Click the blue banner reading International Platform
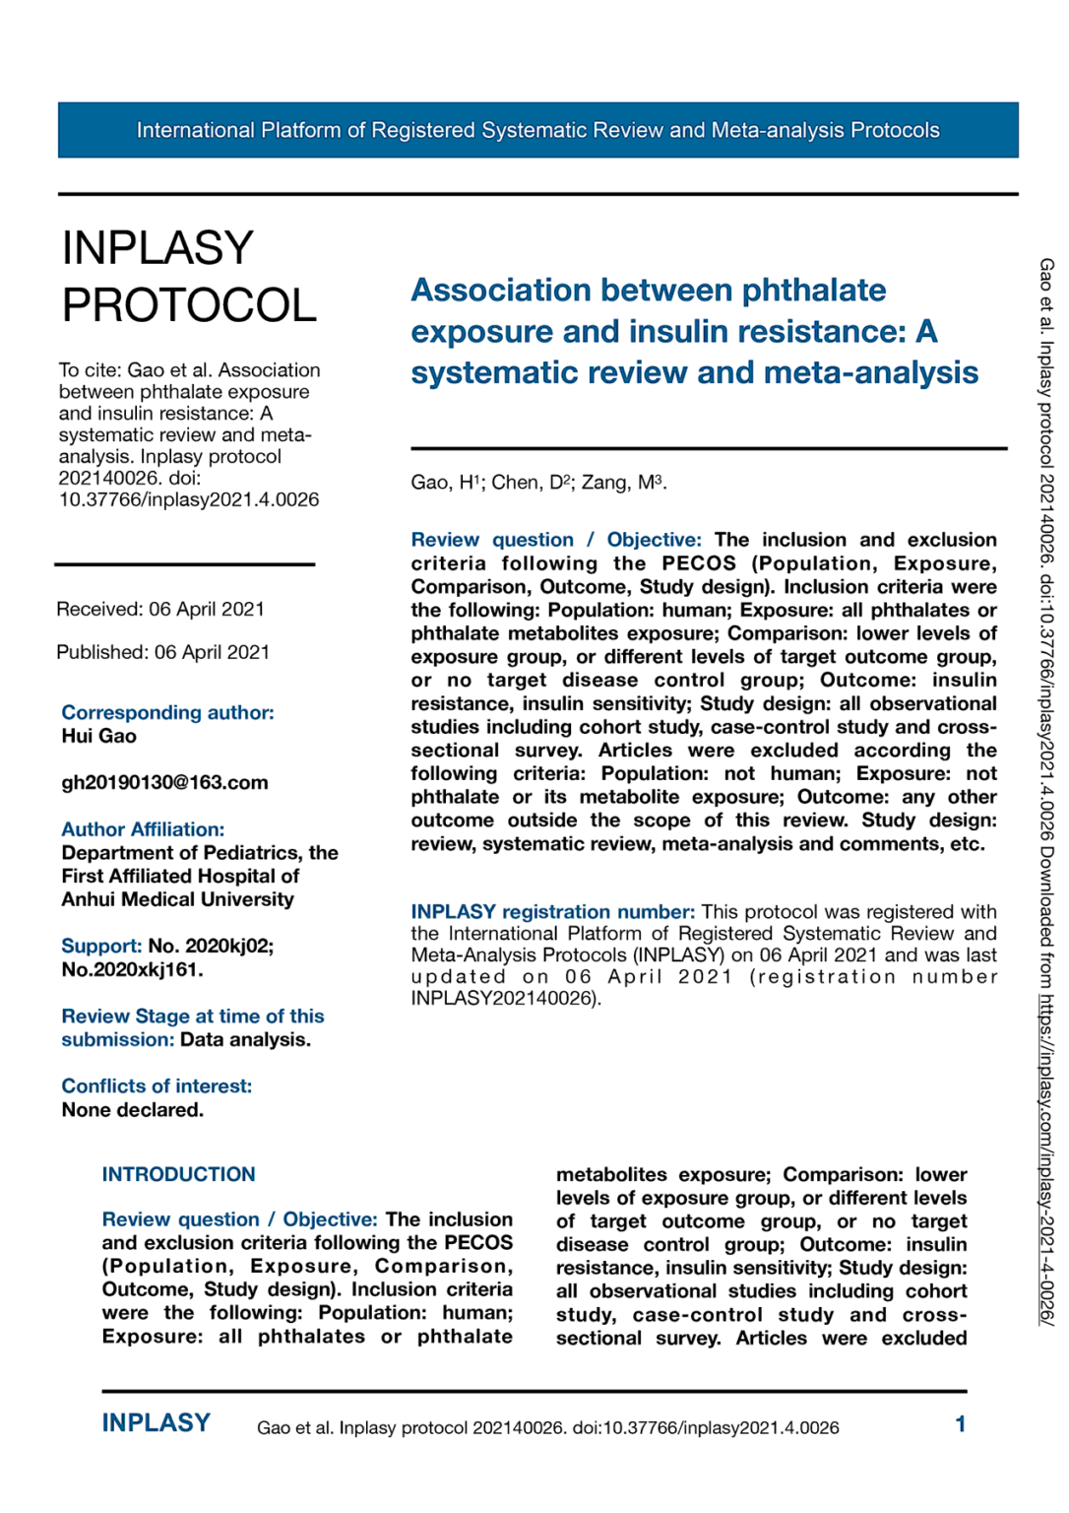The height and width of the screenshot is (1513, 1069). (x=537, y=130)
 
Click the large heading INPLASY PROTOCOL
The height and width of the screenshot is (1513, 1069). (x=188, y=277)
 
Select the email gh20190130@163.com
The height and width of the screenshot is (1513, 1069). (x=164, y=783)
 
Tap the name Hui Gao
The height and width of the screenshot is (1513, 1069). (x=98, y=737)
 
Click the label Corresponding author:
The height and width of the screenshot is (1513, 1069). (x=167, y=712)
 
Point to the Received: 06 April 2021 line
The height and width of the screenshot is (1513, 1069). (x=160, y=609)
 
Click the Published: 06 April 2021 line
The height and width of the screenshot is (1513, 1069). (x=162, y=652)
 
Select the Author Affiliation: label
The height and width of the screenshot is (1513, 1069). (x=143, y=829)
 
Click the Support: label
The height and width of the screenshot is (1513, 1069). (x=101, y=946)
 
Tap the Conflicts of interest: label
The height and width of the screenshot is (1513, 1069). (x=157, y=1085)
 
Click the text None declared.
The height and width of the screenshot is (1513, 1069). (x=132, y=1110)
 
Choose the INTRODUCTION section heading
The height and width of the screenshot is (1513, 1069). (x=178, y=1174)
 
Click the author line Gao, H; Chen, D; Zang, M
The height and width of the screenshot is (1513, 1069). (x=538, y=483)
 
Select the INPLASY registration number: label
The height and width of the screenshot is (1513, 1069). (x=552, y=912)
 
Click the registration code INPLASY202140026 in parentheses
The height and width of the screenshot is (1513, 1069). (x=502, y=999)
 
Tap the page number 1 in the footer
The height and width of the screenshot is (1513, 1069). (x=960, y=1424)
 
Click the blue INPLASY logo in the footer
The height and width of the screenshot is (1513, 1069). (x=157, y=1423)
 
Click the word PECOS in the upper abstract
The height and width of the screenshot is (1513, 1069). (x=698, y=563)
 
